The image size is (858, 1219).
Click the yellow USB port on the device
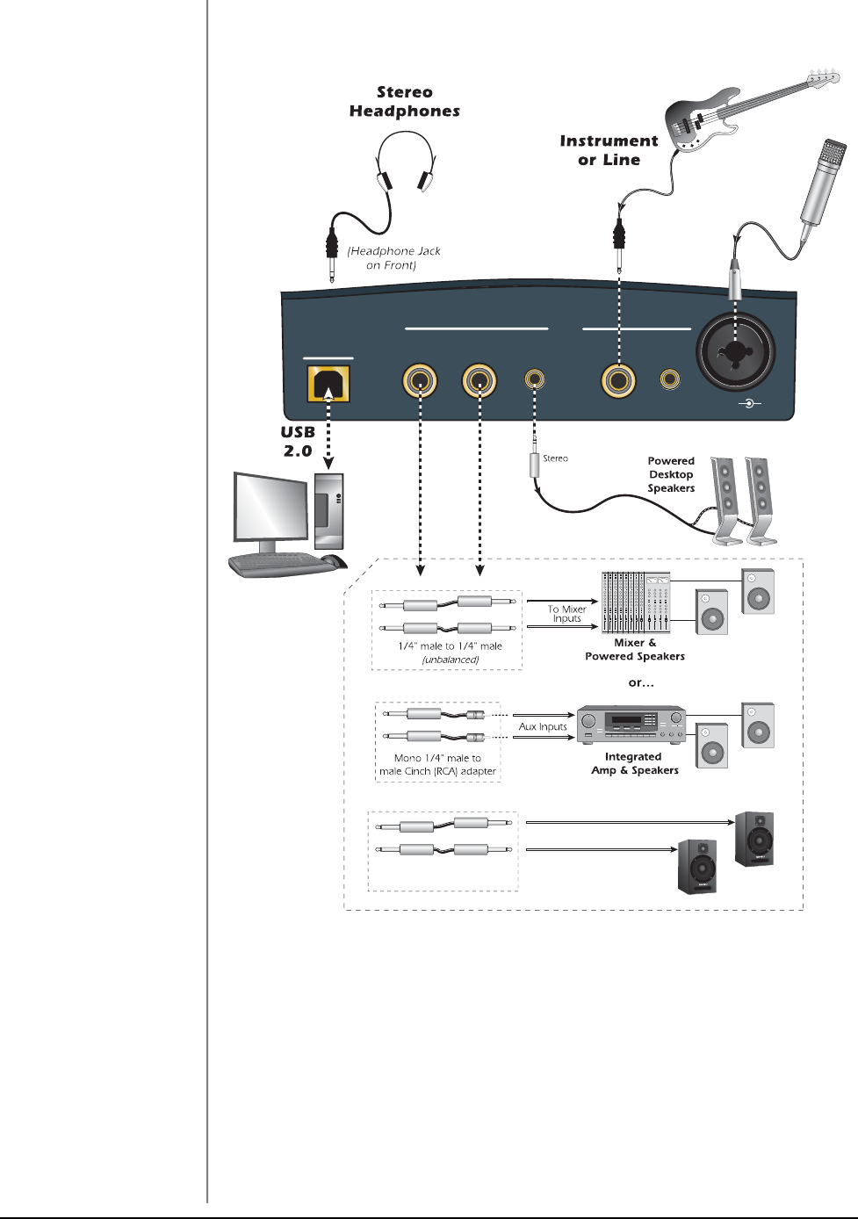click(x=328, y=384)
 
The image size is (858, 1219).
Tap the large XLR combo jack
click(x=736, y=351)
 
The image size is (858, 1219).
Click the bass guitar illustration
click(x=720, y=114)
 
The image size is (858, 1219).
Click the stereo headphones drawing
click(x=405, y=162)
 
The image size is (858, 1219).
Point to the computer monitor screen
click(x=270, y=509)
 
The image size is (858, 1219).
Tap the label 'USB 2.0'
click(x=298, y=442)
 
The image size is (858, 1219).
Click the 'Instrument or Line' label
click(x=609, y=150)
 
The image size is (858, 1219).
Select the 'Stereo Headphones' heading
click(x=405, y=102)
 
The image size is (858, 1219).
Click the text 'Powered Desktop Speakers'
click(x=671, y=474)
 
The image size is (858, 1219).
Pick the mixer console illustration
click(x=635, y=602)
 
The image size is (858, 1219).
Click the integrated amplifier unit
click(x=631, y=725)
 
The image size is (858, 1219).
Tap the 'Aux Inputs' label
click(x=543, y=726)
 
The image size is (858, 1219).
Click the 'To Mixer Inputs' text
click(x=566, y=613)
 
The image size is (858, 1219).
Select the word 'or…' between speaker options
click(x=641, y=682)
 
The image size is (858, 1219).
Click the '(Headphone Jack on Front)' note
click(x=393, y=257)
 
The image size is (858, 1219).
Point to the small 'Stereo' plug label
click(x=555, y=458)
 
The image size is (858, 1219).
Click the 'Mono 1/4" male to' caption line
click(x=437, y=758)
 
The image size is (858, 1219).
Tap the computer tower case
click(x=328, y=511)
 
